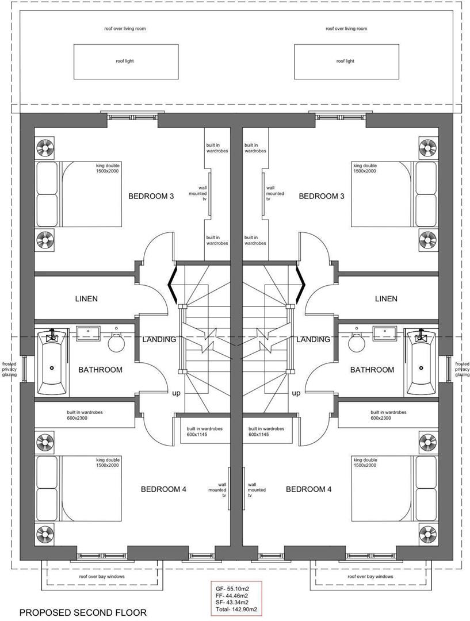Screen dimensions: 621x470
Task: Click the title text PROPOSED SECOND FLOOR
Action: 83,612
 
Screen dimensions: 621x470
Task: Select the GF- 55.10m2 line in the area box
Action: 236,589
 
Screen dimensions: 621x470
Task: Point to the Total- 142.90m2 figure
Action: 236,609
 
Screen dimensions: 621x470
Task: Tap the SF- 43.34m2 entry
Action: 236,603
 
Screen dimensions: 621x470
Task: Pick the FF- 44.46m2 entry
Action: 236,596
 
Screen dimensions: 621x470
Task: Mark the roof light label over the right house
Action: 345,61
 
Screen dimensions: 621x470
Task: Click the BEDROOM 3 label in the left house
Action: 151,196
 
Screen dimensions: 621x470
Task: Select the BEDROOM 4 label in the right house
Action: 308,489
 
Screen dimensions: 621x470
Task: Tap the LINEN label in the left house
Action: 86,298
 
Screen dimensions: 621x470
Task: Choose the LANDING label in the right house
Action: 313,339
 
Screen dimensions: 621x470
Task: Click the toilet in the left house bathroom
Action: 117,342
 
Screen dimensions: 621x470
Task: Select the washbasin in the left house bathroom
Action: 88,332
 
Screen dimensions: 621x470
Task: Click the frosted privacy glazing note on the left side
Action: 9,369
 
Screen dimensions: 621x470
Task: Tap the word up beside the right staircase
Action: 296,393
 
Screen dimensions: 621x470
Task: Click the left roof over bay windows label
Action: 102,576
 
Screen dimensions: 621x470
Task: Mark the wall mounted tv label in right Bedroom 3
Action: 274,194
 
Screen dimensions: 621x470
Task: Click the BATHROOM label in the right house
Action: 372,370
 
